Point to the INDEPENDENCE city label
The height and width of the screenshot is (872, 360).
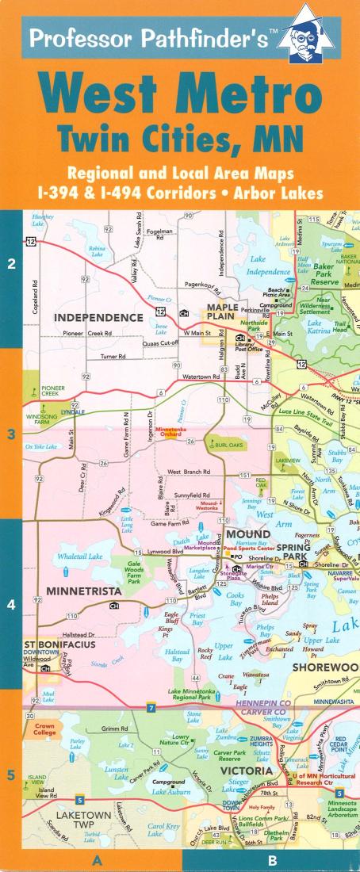(98, 317)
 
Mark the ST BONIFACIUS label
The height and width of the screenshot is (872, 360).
(59, 644)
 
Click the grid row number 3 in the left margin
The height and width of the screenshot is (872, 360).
(11, 434)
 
